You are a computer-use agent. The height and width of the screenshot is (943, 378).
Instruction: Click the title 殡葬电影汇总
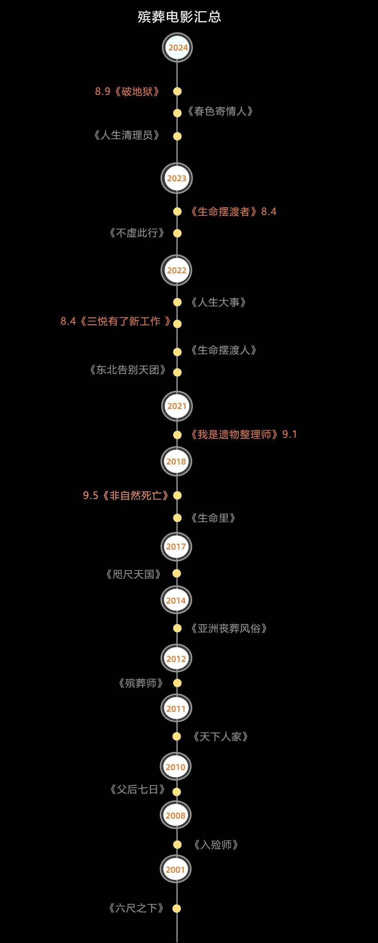coord(179,17)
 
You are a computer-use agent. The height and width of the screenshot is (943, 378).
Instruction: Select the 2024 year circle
coord(177,47)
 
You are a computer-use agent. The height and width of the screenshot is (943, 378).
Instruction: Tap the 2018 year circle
coord(176,461)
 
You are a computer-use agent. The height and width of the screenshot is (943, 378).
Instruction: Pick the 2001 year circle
coord(176,870)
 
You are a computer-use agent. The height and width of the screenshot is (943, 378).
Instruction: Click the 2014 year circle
coord(176,600)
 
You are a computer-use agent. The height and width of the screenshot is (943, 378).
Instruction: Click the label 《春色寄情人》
coord(220,111)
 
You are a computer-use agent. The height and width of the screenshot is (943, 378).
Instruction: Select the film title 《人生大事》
coord(218,303)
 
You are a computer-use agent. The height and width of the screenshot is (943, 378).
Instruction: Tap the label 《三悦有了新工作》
coord(125,321)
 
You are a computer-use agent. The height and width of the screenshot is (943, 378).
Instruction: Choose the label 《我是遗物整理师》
coord(234,435)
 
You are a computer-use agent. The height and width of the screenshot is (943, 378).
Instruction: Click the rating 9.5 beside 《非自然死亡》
coord(90,496)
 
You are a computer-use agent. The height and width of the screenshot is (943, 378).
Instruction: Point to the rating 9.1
coord(290,435)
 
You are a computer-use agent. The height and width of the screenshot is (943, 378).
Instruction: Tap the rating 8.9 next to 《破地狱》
coord(103,91)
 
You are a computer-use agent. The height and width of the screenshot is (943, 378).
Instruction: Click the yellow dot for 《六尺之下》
coord(177,909)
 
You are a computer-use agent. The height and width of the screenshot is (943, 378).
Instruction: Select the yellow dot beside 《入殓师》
coord(177,845)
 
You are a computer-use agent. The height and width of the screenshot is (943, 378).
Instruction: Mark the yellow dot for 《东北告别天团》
coord(177,373)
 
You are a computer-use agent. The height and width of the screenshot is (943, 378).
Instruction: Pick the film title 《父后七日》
coord(137,789)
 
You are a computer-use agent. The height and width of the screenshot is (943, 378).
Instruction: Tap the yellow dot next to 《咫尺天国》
coord(177,574)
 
